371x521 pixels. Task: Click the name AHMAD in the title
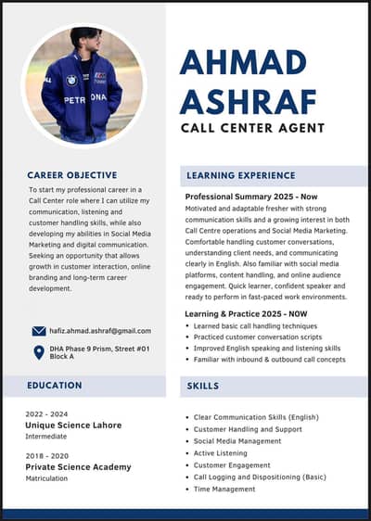[242, 63]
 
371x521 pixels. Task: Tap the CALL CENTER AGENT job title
[252, 128]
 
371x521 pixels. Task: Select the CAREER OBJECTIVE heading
[72, 174]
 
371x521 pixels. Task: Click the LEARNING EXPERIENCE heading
[240, 174]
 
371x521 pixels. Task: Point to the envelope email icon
[39, 331]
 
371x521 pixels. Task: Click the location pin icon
[39, 352]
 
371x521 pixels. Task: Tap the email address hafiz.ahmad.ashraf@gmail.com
[100, 331]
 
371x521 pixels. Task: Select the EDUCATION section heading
[54, 385]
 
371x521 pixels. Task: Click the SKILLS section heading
[203, 385]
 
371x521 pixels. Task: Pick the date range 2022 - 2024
[47, 413]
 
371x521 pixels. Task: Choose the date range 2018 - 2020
[47, 457]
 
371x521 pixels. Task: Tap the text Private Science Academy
[79, 468]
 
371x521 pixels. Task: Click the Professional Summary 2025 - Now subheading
[251, 197]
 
